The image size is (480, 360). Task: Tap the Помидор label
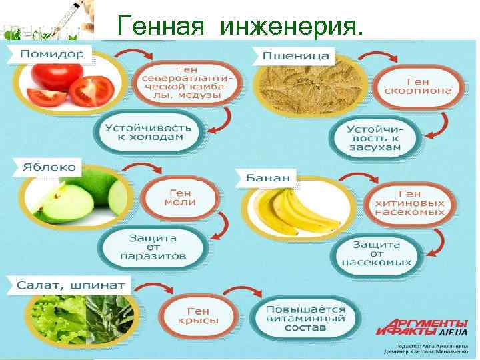pos(52,53)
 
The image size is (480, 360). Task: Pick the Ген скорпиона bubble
pos(420,85)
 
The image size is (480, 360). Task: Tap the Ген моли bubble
pos(180,197)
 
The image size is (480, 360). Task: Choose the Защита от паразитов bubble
pos(153,246)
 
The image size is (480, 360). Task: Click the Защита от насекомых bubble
pos(377,253)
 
